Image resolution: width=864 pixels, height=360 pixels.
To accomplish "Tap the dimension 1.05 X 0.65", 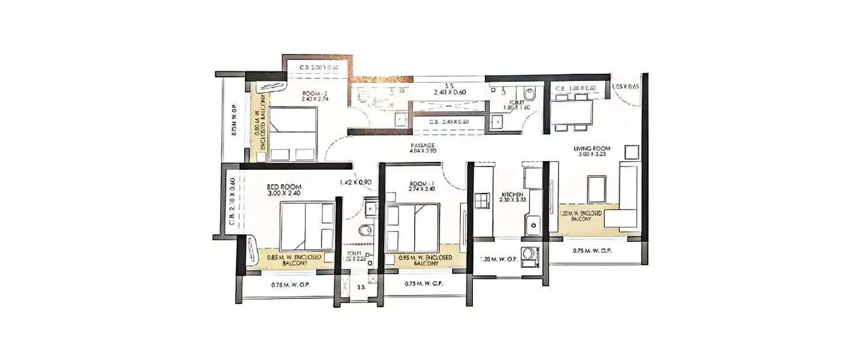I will click(x=625, y=86).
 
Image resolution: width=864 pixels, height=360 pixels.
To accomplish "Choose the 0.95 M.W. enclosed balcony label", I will click(x=425, y=260).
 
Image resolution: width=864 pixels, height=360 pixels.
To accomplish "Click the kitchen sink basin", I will click(x=533, y=223).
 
